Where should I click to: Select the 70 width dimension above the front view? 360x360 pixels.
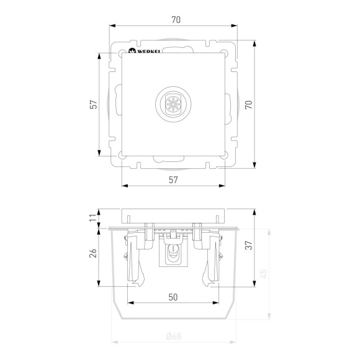[176, 20]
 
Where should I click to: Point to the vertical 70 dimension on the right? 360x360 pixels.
[248, 105]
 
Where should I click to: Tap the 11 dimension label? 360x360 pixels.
[91, 218]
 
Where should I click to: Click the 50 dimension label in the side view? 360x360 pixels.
[174, 297]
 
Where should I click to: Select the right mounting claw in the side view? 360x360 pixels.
[212, 261]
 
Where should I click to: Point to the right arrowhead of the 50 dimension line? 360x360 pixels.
[218, 303]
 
